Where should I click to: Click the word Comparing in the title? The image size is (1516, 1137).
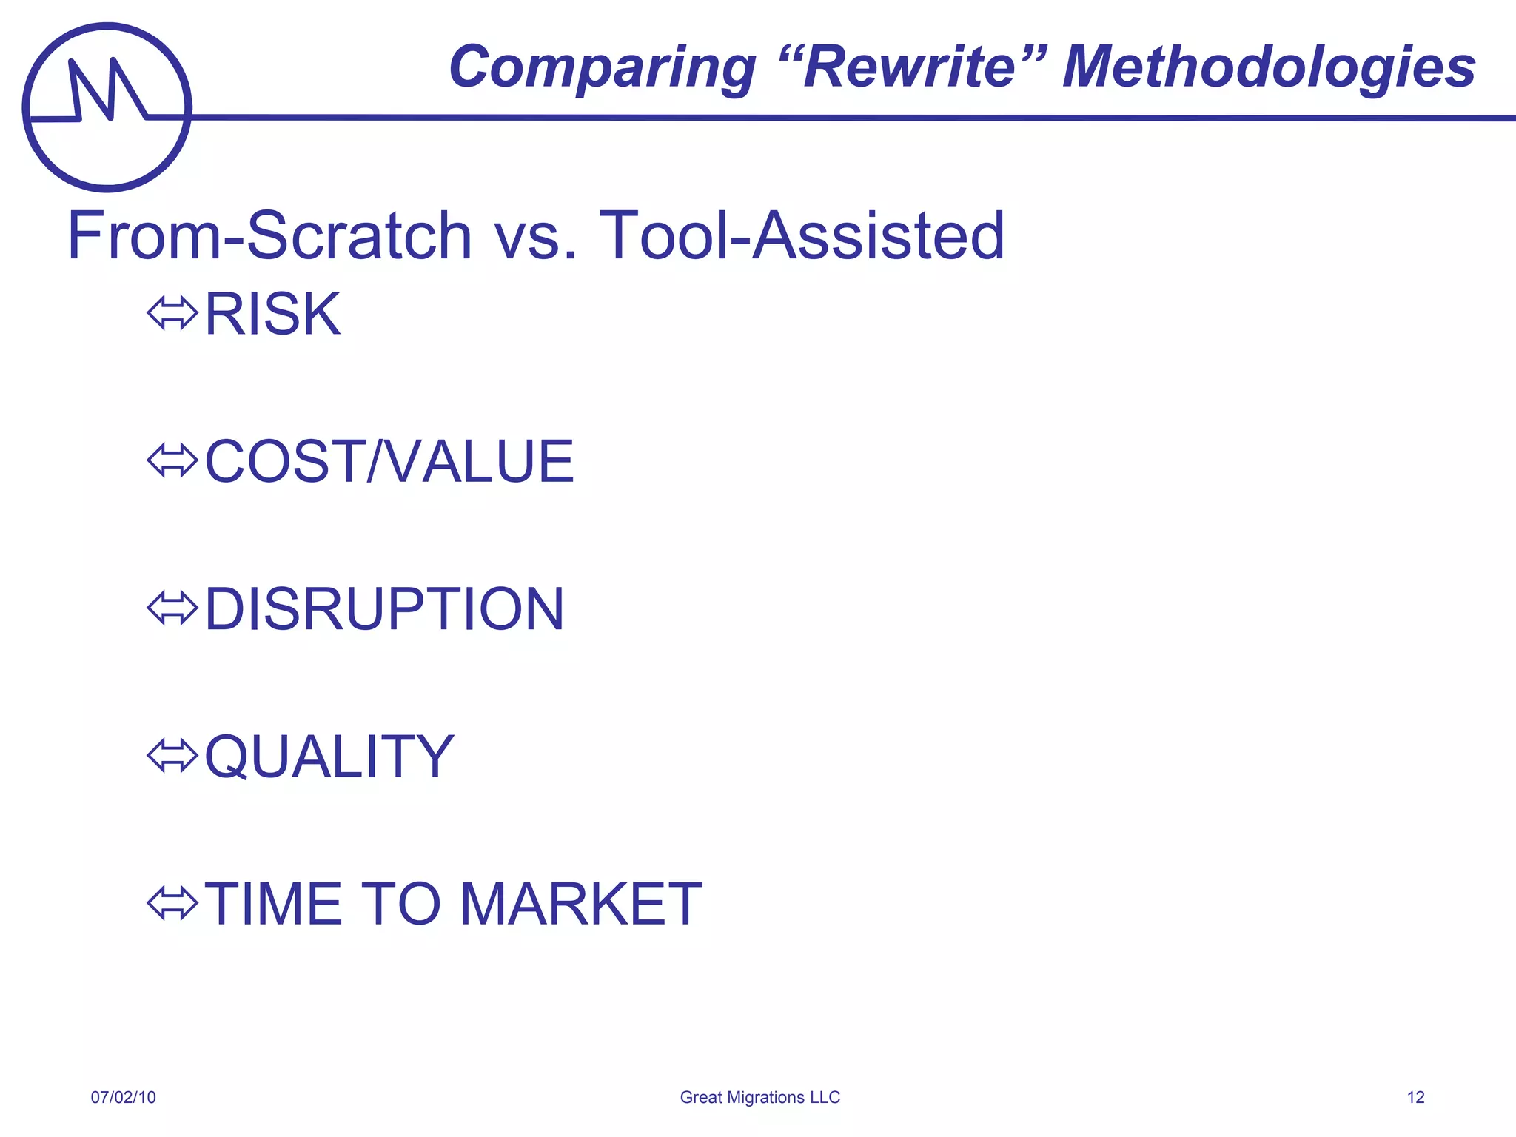[x=602, y=68]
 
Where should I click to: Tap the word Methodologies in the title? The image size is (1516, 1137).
[x=1269, y=68]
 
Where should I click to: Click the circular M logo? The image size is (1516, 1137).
[x=107, y=107]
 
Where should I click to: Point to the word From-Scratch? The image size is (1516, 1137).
[x=269, y=236]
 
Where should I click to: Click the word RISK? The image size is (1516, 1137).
[x=272, y=315]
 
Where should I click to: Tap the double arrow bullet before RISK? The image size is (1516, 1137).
[x=172, y=314]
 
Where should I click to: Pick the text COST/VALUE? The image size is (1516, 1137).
[x=389, y=462]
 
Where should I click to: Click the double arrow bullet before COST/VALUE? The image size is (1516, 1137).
[x=172, y=461]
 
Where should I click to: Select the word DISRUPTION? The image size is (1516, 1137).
[x=384, y=609]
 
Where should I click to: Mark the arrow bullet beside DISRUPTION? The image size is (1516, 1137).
[x=172, y=608]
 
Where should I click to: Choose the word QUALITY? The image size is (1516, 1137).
[x=329, y=757]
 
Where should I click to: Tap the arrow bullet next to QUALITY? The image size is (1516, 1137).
[x=172, y=756]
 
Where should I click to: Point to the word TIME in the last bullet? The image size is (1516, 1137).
[x=273, y=904]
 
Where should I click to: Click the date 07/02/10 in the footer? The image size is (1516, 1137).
[x=123, y=1097]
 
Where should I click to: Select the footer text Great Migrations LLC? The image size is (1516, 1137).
[x=759, y=1097]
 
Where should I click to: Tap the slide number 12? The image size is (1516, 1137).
[x=1415, y=1097]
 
